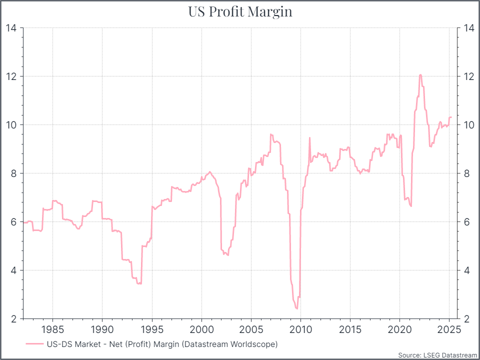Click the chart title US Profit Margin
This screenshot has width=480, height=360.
(240, 12)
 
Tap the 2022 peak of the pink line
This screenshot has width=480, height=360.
(420, 75)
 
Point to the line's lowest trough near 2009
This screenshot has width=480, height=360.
(297, 308)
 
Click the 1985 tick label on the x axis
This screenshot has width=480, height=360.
(52, 329)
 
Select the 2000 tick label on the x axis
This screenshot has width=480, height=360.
(201, 329)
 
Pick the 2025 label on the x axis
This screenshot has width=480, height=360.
(449, 329)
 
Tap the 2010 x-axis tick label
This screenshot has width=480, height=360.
(300, 329)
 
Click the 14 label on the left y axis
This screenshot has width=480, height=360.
(10, 28)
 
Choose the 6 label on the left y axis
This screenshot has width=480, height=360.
(13, 221)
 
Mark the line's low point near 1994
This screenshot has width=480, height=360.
(139, 283)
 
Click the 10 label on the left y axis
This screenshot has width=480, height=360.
(10, 124)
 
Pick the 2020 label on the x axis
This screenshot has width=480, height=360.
(399, 329)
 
